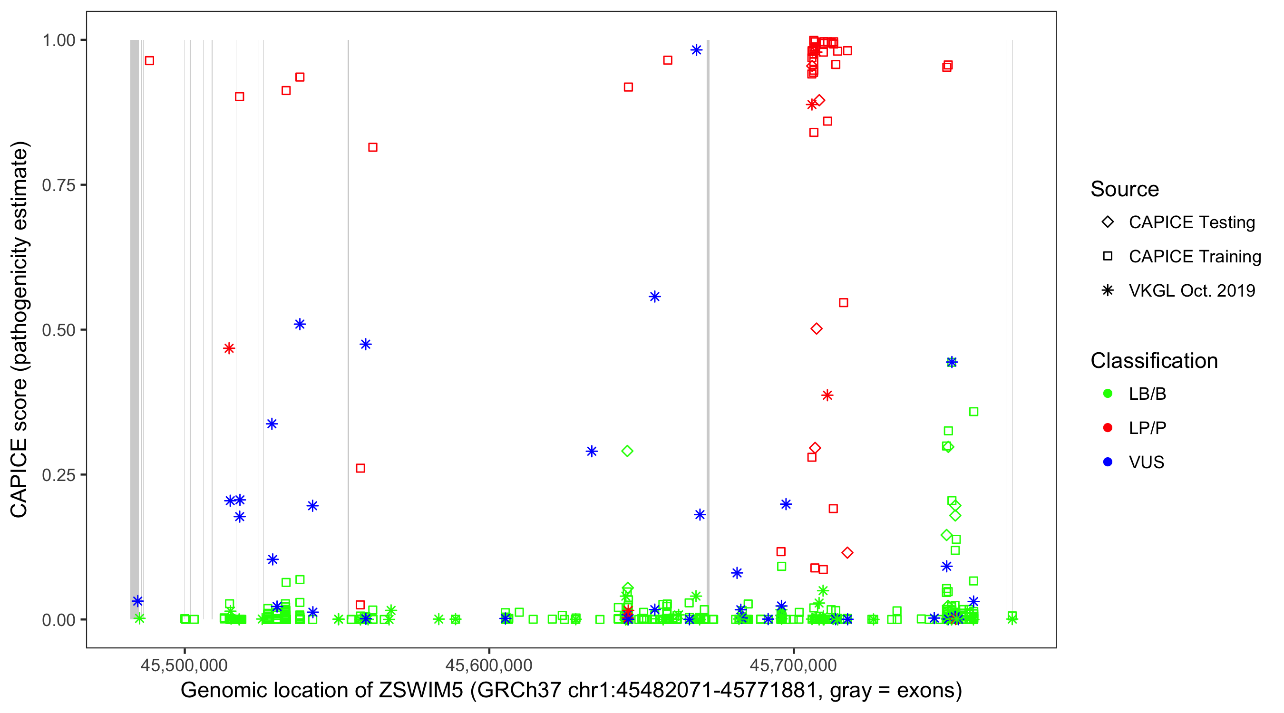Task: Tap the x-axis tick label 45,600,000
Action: tap(488, 665)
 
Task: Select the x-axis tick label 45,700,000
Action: tap(793, 665)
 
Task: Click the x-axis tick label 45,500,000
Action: tap(184, 665)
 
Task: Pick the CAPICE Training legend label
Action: tap(1194, 257)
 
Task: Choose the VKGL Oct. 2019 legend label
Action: tap(1191, 291)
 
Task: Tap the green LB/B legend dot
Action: tap(1108, 394)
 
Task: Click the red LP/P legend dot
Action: tap(1108, 428)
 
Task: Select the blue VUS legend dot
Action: tap(1108, 462)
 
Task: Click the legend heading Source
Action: tap(1124, 189)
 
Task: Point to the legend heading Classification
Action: tap(1153, 361)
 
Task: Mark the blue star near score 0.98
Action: tap(696, 50)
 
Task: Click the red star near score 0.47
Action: tap(229, 348)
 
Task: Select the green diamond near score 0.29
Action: tap(628, 451)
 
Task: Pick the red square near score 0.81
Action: tap(372, 147)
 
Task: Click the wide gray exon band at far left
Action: tap(135, 329)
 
